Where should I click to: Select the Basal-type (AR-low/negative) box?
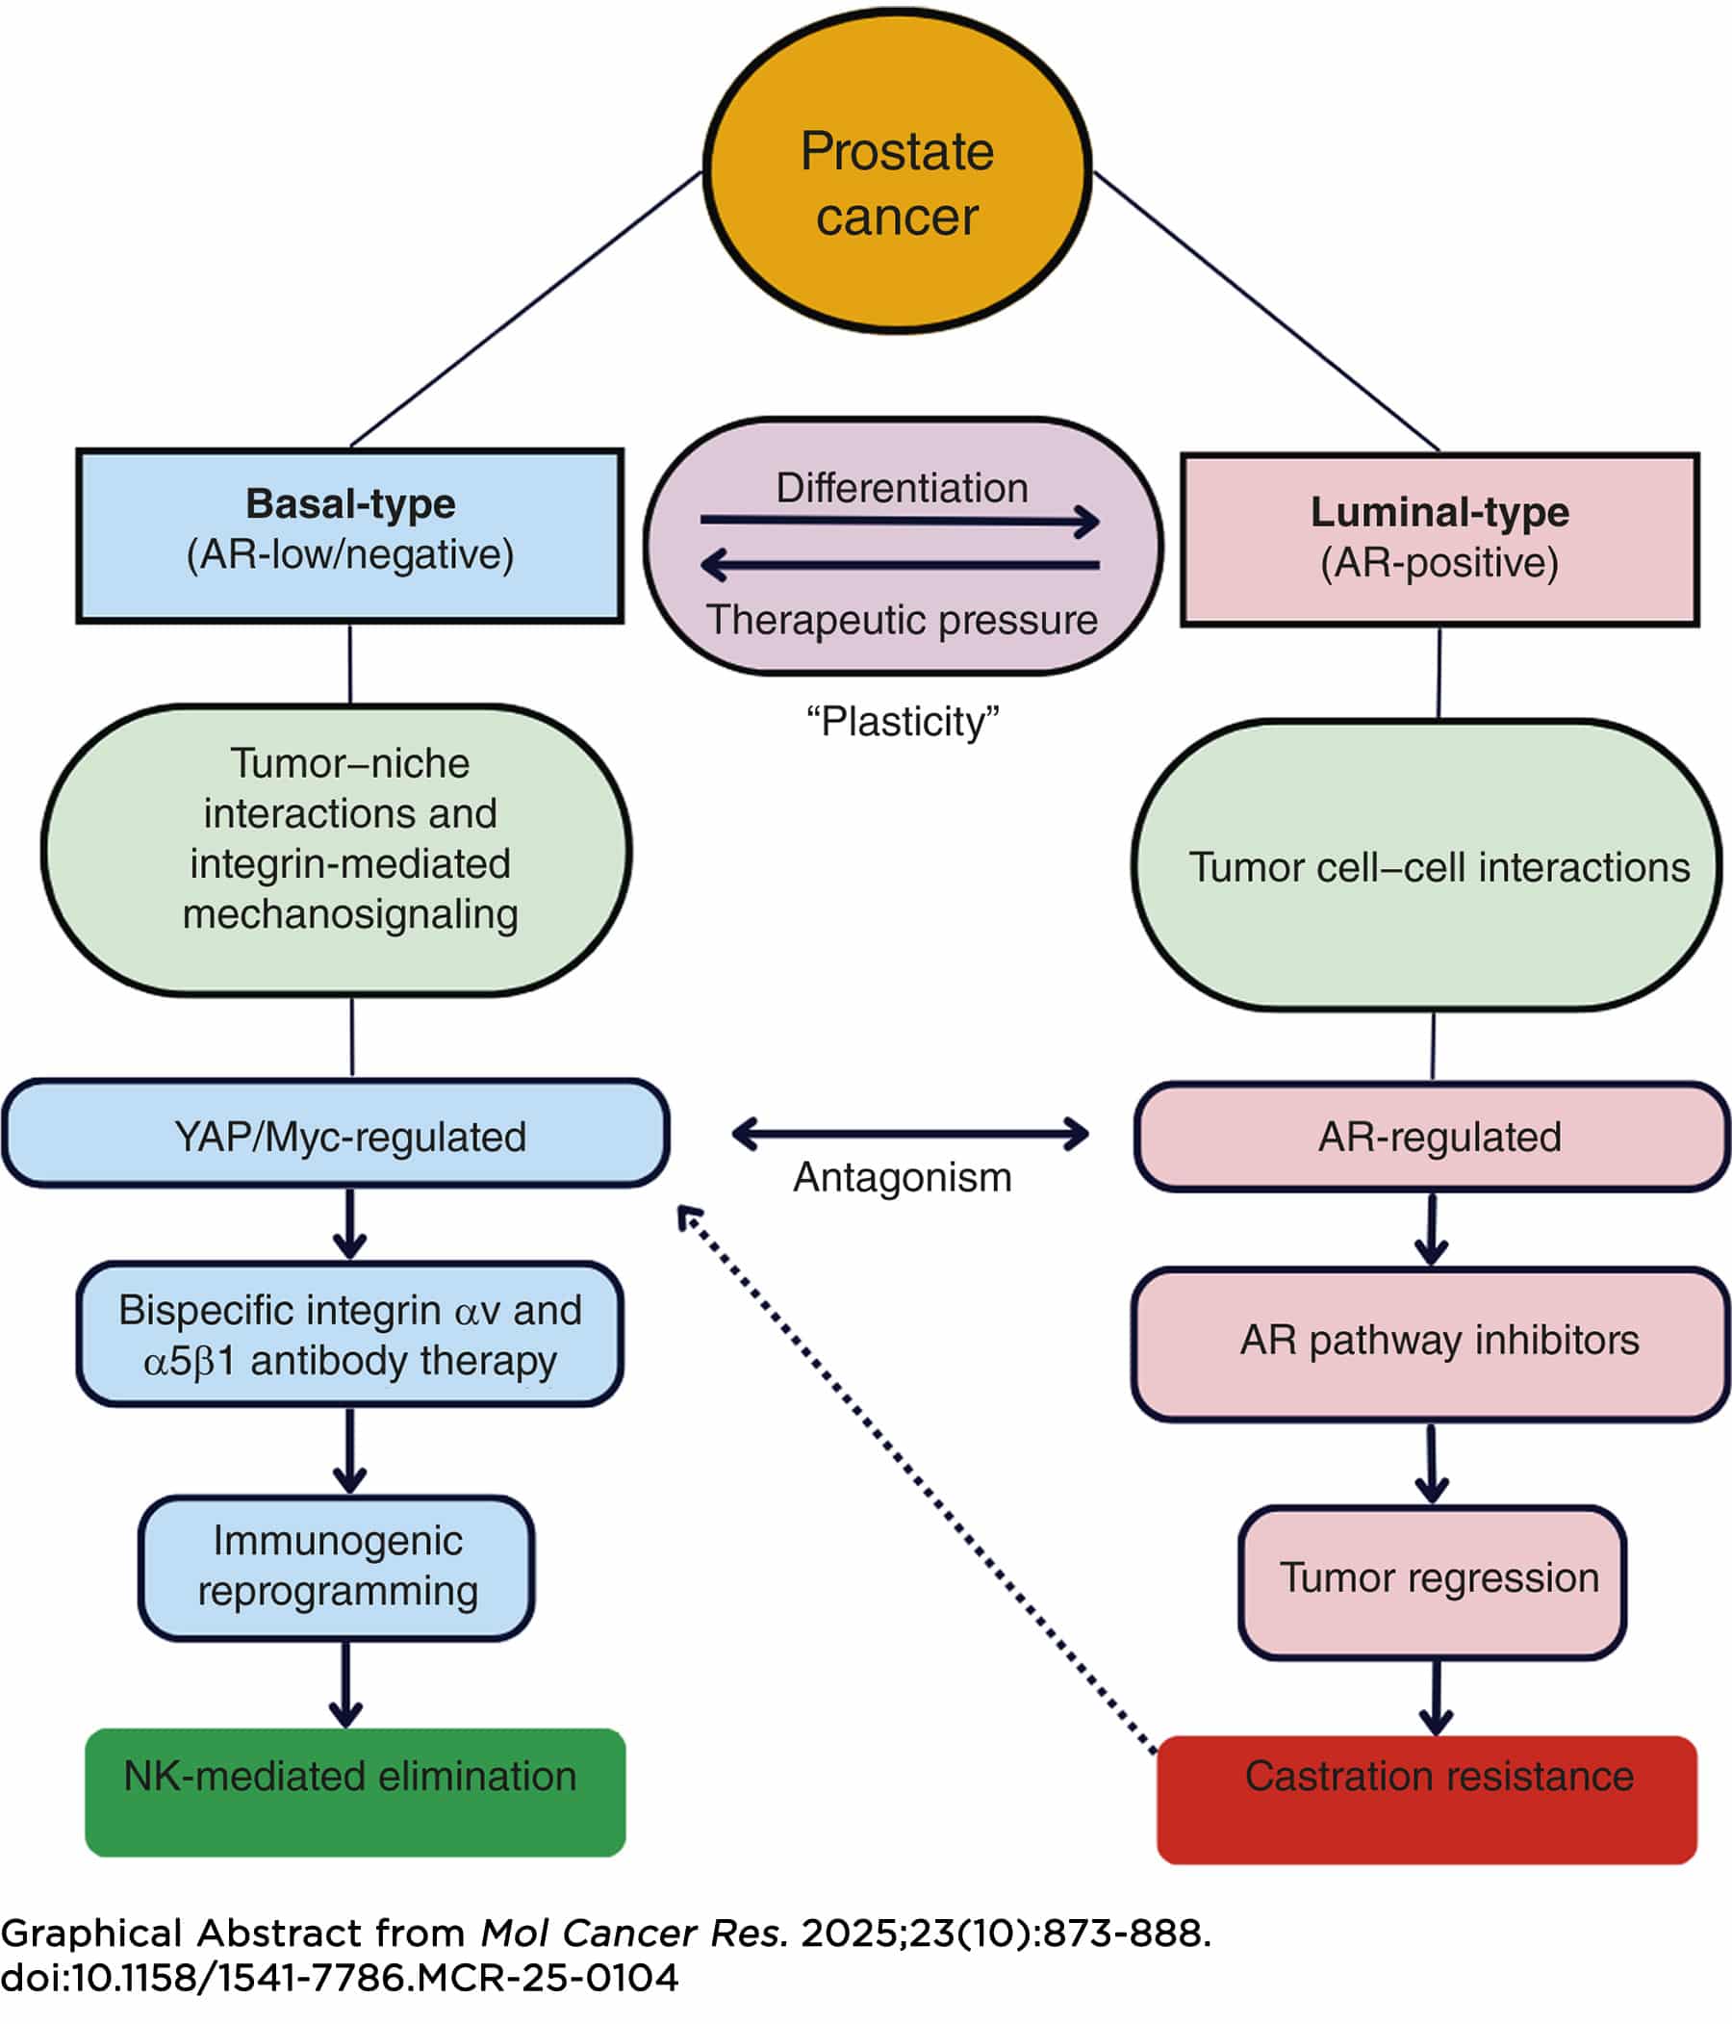349,534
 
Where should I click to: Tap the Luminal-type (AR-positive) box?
1439,539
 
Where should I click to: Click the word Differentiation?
902,487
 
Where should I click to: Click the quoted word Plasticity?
902,722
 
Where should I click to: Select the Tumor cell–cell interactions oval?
1426,866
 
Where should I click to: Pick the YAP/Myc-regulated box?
336,1136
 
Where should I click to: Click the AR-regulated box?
1432,1137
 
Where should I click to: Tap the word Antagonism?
902,1177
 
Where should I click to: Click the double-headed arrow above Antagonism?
909,1133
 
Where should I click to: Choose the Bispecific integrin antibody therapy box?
349,1335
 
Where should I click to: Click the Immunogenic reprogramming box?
337,1566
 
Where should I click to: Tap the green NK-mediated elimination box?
355,1791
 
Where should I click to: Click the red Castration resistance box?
1426,1798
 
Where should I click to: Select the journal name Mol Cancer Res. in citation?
634,1933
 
